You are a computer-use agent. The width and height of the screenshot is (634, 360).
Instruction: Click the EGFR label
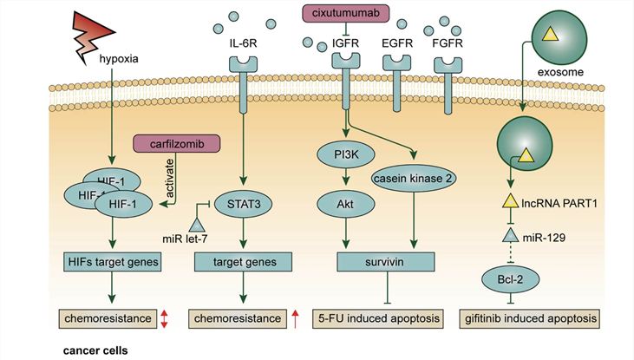398,40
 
